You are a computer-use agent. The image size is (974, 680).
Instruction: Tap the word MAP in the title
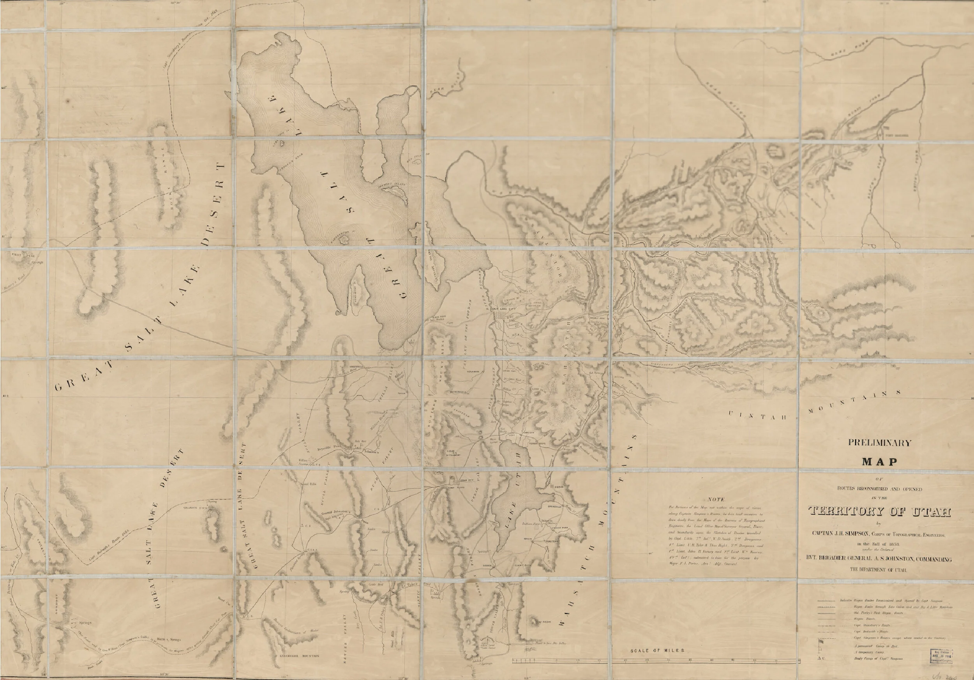pyautogui.click(x=879, y=462)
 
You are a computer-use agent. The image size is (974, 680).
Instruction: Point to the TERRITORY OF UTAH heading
pyautogui.click(x=880, y=512)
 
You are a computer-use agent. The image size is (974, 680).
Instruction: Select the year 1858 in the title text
pyautogui.click(x=891, y=544)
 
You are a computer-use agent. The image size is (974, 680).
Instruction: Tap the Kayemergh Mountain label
pyautogui.click(x=300, y=656)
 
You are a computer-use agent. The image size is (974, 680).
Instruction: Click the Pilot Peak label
pyautogui.click(x=24, y=255)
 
